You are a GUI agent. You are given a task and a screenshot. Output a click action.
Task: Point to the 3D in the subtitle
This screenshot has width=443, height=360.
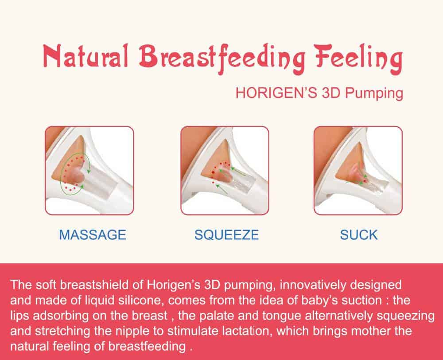tap(330, 93)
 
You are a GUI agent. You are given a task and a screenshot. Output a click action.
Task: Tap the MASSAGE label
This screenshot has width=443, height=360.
tap(93, 235)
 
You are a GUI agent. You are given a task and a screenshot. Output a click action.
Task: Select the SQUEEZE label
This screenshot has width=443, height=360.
tap(226, 235)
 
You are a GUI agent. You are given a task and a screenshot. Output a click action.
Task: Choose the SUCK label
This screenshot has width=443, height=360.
tap(359, 235)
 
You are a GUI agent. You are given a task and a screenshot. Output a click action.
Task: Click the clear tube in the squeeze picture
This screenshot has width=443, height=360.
tap(239, 180)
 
